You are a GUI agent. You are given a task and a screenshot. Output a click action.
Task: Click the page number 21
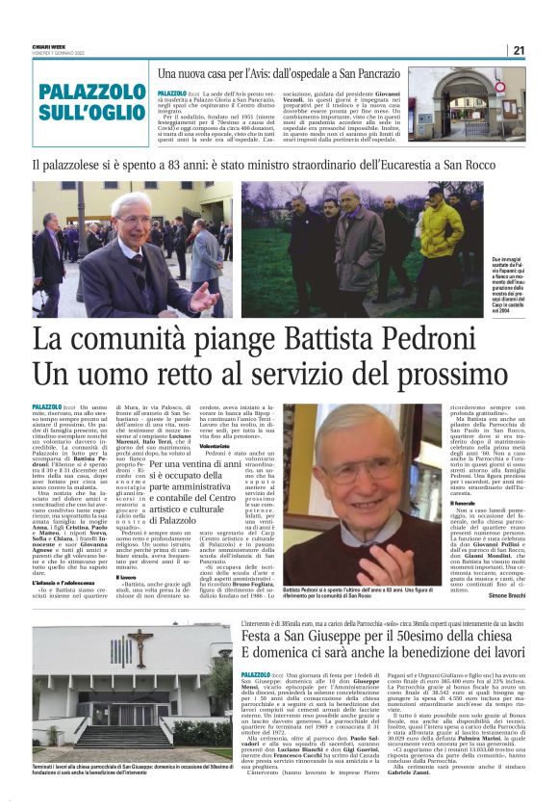(545, 50)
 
